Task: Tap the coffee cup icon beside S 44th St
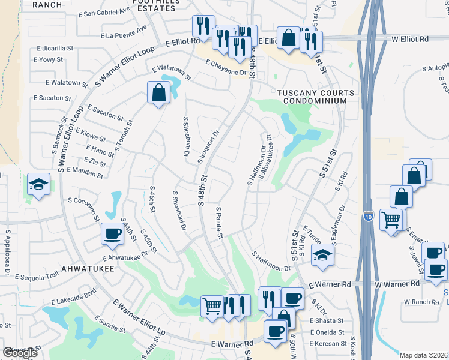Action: [x=112, y=233]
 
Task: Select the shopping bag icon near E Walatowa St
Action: [x=158, y=92]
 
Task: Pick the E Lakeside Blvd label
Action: [x=74, y=297]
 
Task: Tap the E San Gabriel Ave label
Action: [x=104, y=11]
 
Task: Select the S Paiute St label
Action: [x=219, y=223]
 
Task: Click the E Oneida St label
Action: [x=327, y=332]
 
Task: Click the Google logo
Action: [x=20, y=353]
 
